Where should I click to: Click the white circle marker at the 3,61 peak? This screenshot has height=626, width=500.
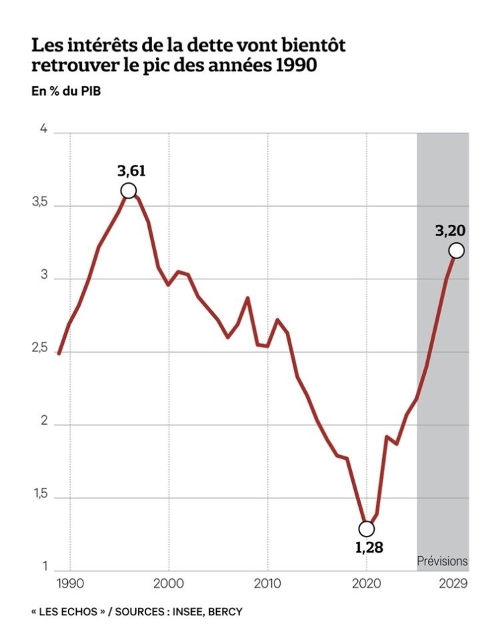(x=129, y=190)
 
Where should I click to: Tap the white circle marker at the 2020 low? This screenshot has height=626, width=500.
(x=367, y=529)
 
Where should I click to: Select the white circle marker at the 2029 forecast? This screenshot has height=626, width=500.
(x=456, y=250)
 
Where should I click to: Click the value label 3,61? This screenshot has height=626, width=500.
(x=132, y=170)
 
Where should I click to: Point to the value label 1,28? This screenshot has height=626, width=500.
(x=369, y=547)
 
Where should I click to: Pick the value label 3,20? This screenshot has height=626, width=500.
(x=450, y=231)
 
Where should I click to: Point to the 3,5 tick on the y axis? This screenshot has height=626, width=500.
(x=40, y=204)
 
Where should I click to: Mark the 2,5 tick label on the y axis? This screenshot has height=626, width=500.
(x=40, y=350)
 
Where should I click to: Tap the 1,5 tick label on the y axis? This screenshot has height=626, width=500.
(x=40, y=496)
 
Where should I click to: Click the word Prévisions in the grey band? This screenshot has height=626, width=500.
(x=442, y=561)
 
